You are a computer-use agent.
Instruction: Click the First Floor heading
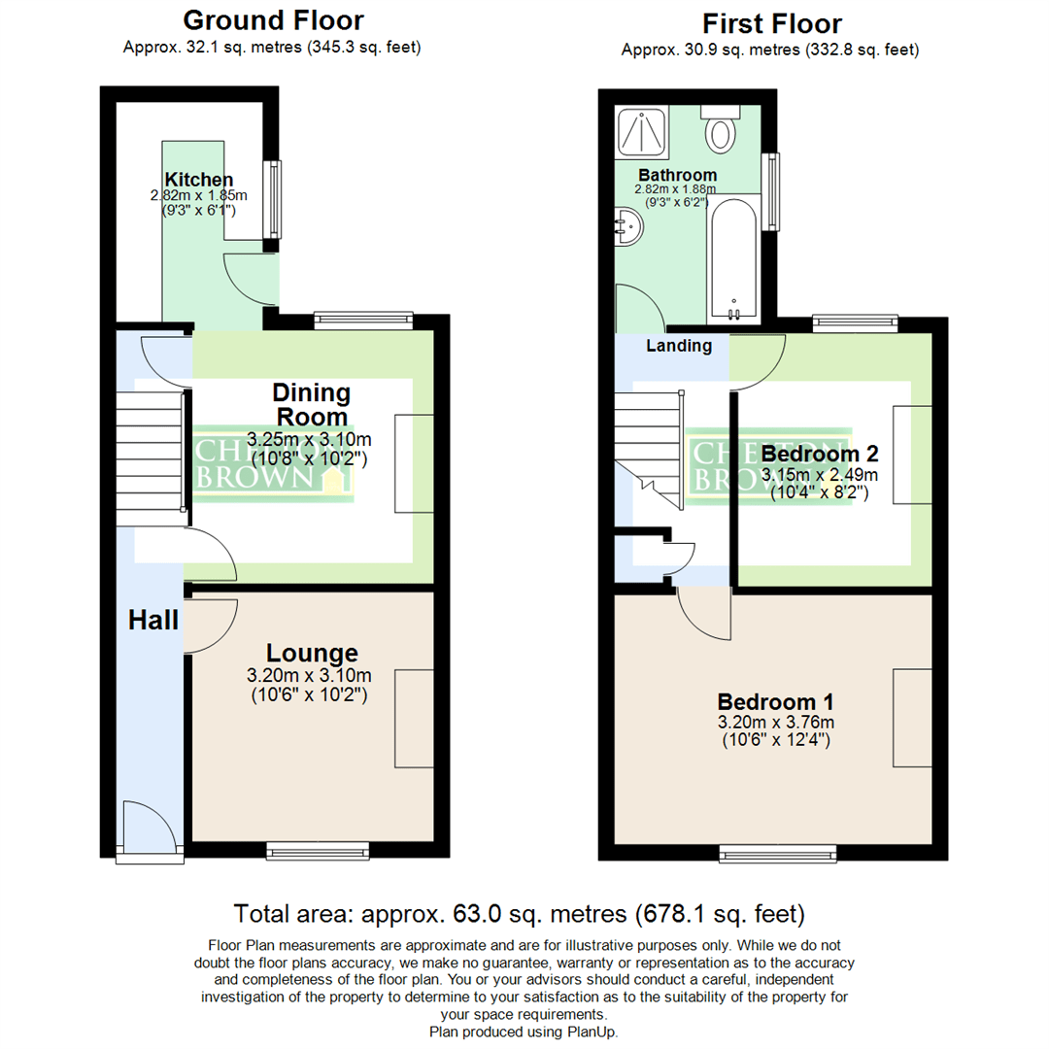point(771,23)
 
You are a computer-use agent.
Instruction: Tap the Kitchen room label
point(198,180)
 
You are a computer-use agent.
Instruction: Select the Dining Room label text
point(311,405)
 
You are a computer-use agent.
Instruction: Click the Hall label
point(154,620)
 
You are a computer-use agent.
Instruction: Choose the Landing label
point(679,346)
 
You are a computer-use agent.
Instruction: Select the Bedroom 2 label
point(820,454)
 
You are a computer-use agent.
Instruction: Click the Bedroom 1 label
point(775,701)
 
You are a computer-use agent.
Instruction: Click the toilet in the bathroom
point(720,130)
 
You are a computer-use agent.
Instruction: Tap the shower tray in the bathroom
point(642,131)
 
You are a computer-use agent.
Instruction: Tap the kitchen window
point(275,199)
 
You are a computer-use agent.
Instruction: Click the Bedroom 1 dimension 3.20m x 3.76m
point(775,723)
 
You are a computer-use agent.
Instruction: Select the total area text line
point(520,914)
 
